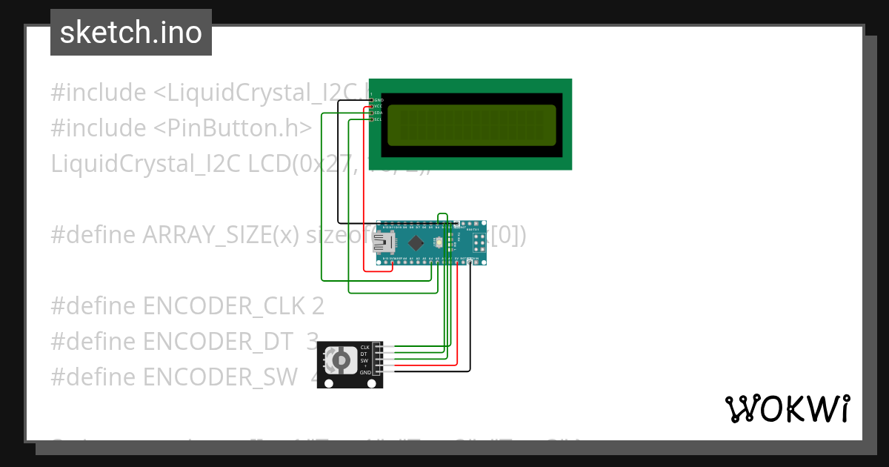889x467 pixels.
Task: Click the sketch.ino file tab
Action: [x=131, y=33]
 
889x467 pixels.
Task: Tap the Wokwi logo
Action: [x=787, y=409]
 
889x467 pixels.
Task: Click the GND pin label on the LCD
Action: [x=379, y=99]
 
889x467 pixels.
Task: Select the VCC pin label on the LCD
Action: [x=378, y=106]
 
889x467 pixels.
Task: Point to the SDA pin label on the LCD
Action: [x=378, y=113]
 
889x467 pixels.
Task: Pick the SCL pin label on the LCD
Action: [x=378, y=119]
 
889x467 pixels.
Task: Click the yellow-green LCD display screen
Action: [x=471, y=125]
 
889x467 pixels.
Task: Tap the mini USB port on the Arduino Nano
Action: [x=384, y=242]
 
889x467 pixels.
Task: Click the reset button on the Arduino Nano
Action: [x=441, y=242]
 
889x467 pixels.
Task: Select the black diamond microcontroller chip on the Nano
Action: [x=416, y=242]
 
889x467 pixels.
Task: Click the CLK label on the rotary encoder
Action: [x=364, y=348]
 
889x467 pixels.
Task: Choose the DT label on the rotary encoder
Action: [x=364, y=354]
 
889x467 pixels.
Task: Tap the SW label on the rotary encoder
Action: [x=364, y=360]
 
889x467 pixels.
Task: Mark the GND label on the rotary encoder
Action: [x=364, y=373]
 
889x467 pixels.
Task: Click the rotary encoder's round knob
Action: [x=340, y=360]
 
